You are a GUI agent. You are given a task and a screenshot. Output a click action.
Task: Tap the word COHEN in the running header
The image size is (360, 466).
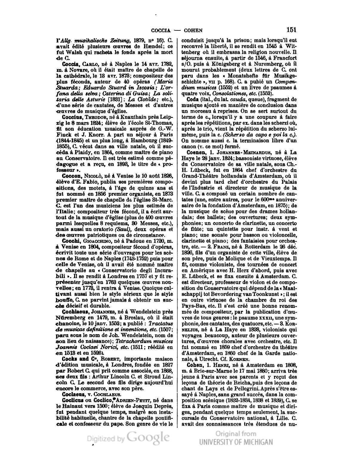click(193, 30)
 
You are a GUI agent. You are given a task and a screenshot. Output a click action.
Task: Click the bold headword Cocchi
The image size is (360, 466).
click(69, 241)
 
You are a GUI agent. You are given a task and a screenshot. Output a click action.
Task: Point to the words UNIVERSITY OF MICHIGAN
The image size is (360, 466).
click(236, 442)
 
